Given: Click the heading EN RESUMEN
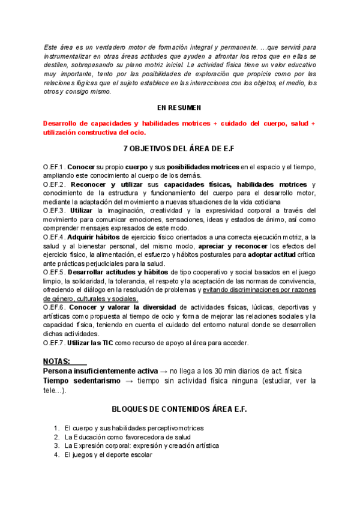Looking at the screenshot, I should (179, 107).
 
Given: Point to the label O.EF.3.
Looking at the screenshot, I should (54, 211).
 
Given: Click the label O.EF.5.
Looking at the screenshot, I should (54, 273).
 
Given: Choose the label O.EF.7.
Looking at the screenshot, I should (54, 343).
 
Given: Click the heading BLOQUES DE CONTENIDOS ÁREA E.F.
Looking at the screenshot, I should (179, 409).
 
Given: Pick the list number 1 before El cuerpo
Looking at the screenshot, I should (56, 428).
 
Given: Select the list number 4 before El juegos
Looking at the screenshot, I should (56, 455).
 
